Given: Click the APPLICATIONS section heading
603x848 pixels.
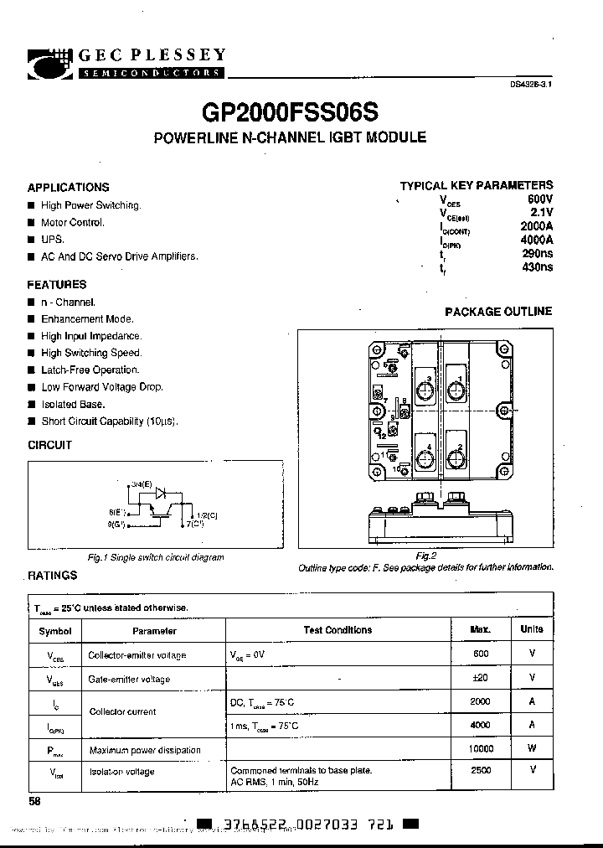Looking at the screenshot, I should point(68,188).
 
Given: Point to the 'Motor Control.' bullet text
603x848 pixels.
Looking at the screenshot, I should point(73,223).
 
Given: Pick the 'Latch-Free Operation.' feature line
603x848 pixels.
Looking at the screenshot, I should point(90,370).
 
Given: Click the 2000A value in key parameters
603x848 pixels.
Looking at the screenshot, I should point(536,227).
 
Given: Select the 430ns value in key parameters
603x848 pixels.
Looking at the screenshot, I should point(537,268).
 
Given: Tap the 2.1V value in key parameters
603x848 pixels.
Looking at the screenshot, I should point(541,213).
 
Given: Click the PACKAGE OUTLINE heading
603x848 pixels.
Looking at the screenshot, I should point(498,312).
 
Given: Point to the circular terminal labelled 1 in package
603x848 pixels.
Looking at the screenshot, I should point(456,388).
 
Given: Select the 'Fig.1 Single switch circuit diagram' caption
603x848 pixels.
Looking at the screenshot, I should point(156,557).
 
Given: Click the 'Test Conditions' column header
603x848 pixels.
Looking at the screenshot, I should point(337,630).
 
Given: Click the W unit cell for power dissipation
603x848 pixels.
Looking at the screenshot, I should point(532,748).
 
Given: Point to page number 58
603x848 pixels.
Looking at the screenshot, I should point(34,801).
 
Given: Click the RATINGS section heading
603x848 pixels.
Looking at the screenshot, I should point(52,576).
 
